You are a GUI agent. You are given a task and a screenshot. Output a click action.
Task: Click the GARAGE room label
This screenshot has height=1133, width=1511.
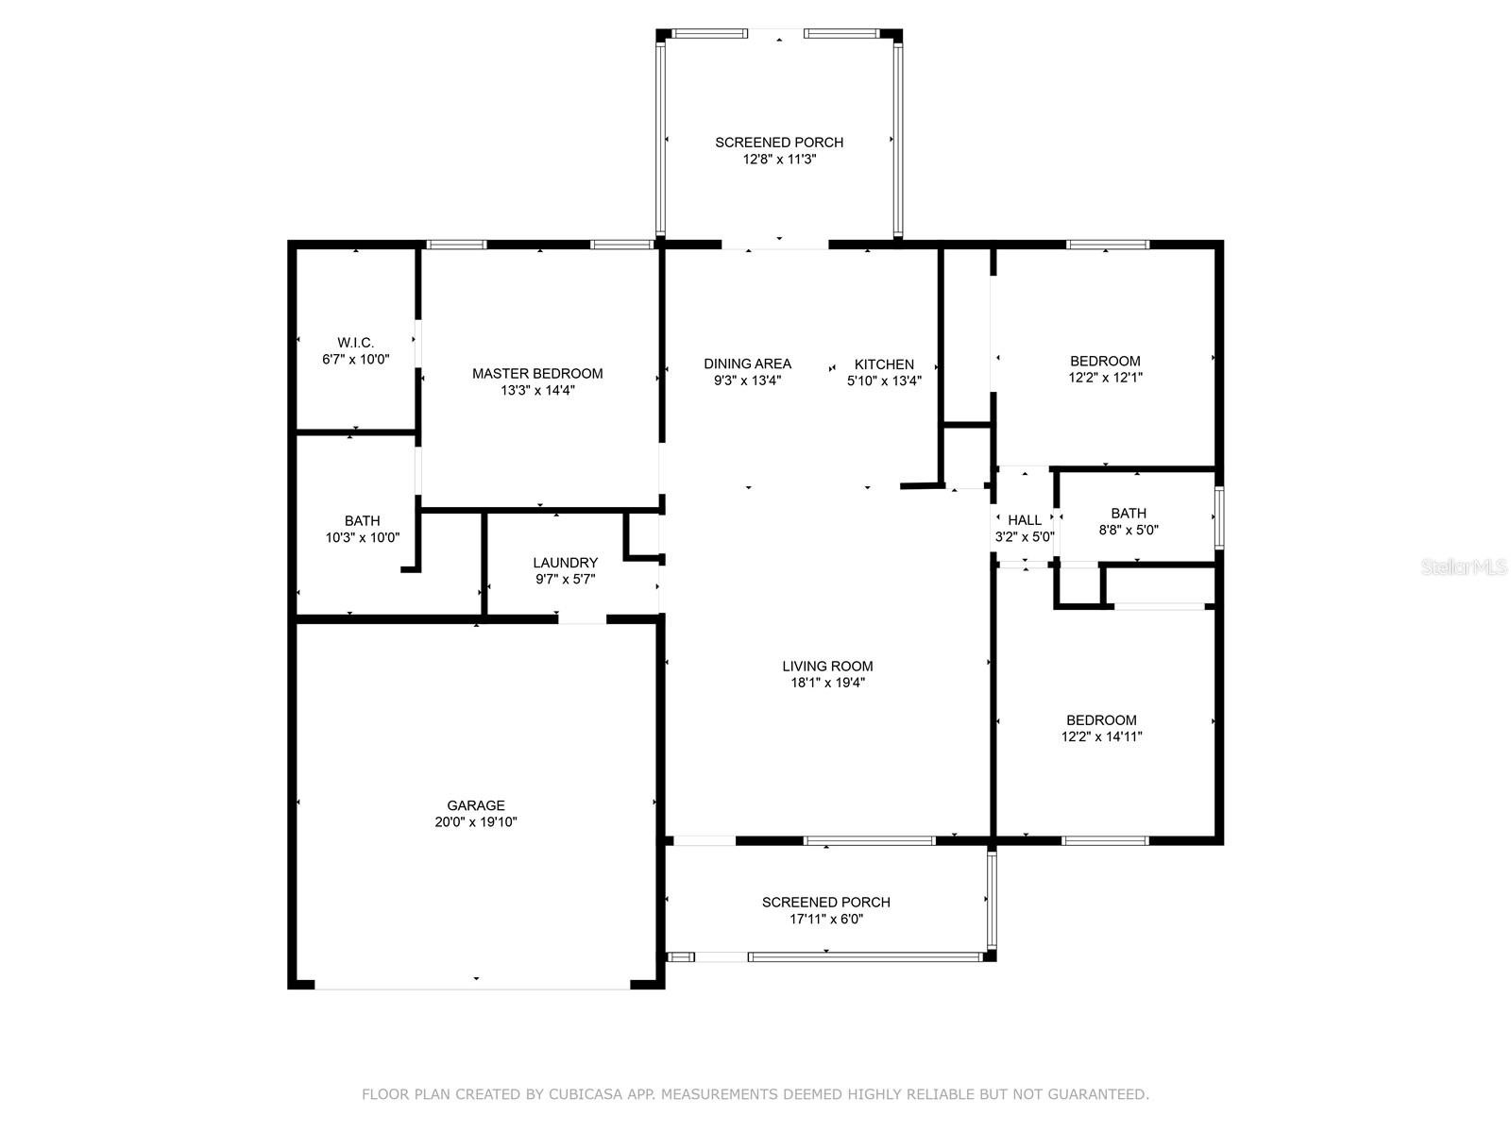(476, 804)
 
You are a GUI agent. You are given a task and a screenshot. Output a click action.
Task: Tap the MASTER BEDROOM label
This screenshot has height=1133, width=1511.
(537, 374)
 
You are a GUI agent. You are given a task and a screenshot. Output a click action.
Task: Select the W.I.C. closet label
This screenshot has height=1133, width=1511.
(355, 343)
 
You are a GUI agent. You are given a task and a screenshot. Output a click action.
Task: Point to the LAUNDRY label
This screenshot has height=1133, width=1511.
(565, 563)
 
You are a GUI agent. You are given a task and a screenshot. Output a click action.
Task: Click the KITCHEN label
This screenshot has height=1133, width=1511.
(884, 364)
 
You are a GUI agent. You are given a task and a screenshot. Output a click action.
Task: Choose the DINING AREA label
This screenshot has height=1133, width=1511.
(747, 364)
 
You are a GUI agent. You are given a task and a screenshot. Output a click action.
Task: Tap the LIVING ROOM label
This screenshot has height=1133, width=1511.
(826, 666)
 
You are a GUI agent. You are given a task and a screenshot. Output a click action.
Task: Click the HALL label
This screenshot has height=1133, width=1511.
(1025, 520)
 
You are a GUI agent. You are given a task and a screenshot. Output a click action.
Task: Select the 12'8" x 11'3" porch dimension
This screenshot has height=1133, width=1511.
(779, 160)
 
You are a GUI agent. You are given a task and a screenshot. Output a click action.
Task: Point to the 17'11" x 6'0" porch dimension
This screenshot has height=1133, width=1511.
(826, 919)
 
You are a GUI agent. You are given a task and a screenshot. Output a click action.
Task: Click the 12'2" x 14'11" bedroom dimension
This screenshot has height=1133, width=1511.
(1101, 736)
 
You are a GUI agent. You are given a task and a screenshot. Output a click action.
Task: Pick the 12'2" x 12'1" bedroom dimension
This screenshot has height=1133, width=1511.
(1105, 378)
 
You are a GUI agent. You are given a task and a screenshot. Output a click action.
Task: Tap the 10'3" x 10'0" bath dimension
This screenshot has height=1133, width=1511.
(362, 538)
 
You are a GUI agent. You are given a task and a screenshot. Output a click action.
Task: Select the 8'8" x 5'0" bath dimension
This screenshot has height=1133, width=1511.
(1129, 531)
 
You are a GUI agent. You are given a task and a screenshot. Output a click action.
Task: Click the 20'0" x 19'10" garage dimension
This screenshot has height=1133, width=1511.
(476, 822)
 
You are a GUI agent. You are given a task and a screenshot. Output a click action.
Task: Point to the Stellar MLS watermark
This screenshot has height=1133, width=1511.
(1463, 566)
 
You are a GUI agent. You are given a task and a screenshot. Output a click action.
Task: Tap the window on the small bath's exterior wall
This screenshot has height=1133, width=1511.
(1218, 517)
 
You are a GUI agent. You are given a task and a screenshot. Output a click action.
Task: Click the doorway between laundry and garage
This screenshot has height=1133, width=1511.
(582, 619)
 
